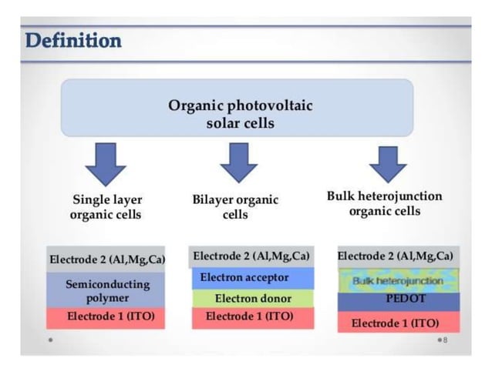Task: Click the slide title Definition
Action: click(x=73, y=40)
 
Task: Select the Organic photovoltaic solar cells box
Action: click(x=239, y=114)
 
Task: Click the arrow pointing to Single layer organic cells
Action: click(x=106, y=162)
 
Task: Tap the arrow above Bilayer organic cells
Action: click(x=238, y=162)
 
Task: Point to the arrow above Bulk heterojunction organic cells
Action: click(x=387, y=162)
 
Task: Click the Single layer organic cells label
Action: click(x=106, y=207)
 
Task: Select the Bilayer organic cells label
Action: click(x=235, y=207)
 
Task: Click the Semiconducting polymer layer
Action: click(x=106, y=290)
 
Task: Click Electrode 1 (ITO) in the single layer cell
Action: click(x=106, y=317)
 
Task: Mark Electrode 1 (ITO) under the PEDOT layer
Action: click(x=398, y=322)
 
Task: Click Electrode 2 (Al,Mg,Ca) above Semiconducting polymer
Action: click(x=106, y=259)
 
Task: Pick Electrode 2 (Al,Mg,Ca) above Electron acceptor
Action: click(x=251, y=256)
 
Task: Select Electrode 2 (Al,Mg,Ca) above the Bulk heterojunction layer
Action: click(x=398, y=256)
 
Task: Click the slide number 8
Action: click(x=445, y=339)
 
